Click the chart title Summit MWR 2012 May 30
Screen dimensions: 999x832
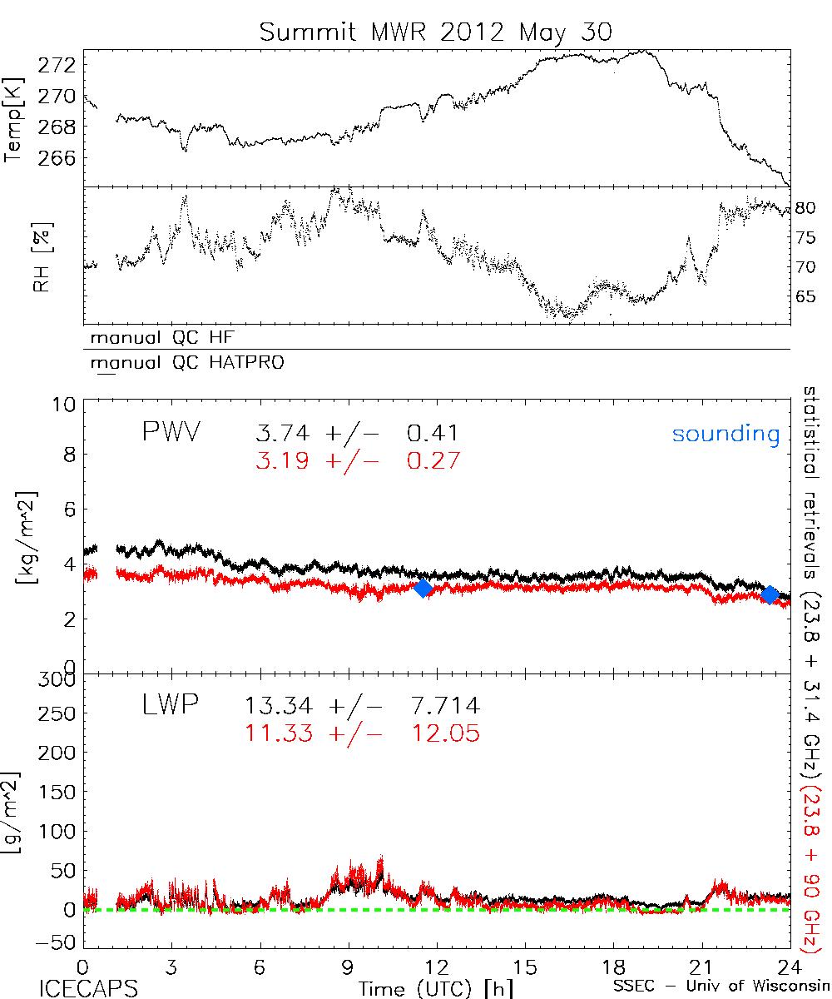(435, 32)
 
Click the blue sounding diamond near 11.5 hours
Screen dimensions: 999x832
(423, 588)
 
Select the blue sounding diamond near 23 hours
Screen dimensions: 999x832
(770, 594)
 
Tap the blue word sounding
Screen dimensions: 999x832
(726, 435)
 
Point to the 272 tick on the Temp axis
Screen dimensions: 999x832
(59, 64)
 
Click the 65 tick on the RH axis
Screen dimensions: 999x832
(808, 297)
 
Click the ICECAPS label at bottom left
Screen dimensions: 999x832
(87, 987)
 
